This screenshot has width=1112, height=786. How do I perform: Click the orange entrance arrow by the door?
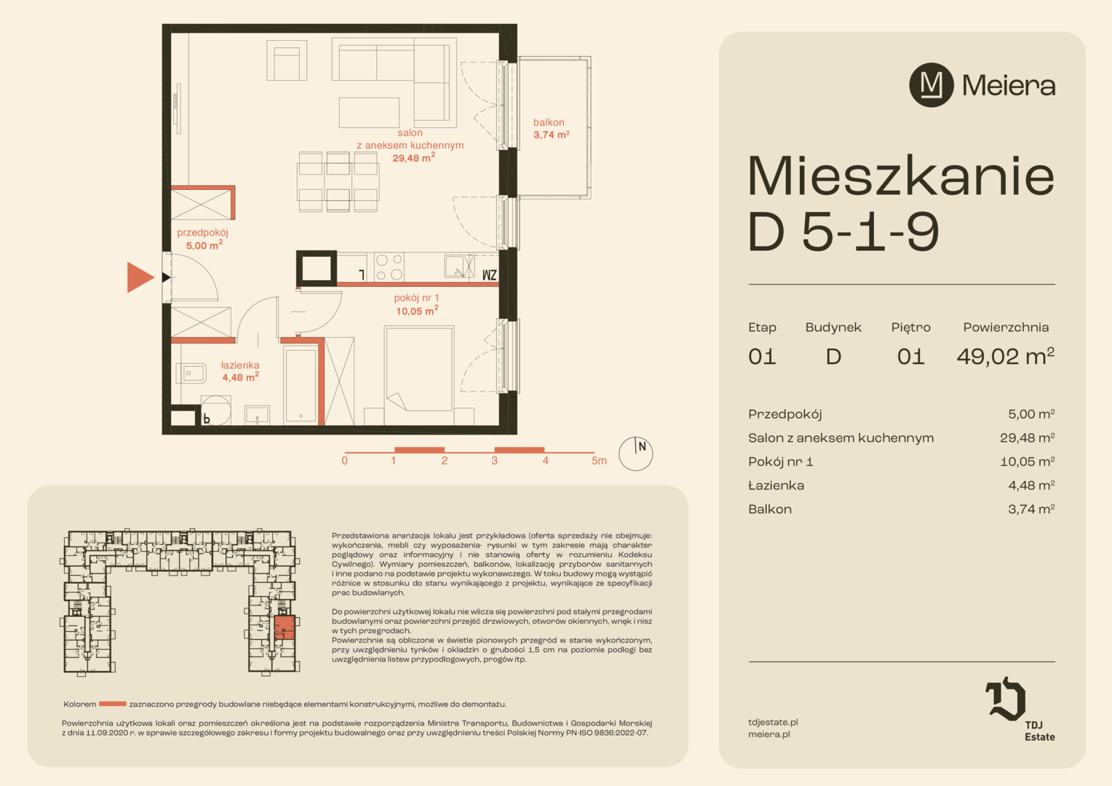click(x=139, y=277)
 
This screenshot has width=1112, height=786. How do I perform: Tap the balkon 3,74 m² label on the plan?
click(x=551, y=129)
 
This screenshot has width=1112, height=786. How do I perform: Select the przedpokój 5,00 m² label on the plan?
click(x=203, y=239)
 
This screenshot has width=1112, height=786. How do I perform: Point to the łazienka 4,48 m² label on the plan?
click(x=240, y=371)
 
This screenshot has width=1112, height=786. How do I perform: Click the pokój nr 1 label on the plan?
click(x=416, y=304)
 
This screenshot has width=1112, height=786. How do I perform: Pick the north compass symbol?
click(x=635, y=453)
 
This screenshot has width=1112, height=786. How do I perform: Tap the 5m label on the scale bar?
click(x=599, y=461)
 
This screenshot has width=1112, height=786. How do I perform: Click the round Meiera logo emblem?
click(x=932, y=85)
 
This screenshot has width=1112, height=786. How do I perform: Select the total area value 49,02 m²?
click(x=1005, y=355)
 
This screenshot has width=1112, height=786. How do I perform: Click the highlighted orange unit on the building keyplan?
click(x=285, y=627)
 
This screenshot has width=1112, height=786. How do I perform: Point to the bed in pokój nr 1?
click(x=418, y=368)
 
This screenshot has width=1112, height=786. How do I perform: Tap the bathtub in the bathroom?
click(x=301, y=385)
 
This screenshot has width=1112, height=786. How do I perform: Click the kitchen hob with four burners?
click(x=389, y=267)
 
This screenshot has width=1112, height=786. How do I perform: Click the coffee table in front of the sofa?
click(x=369, y=113)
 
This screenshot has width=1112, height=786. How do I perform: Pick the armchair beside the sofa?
click(x=287, y=60)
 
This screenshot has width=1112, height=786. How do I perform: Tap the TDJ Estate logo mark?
click(x=1005, y=698)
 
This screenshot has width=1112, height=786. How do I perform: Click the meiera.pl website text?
click(x=769, y=734)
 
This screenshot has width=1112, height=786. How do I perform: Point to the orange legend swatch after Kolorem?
click(x=113, y=704)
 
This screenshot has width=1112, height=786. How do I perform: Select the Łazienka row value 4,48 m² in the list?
click(x=1031, y=485)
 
